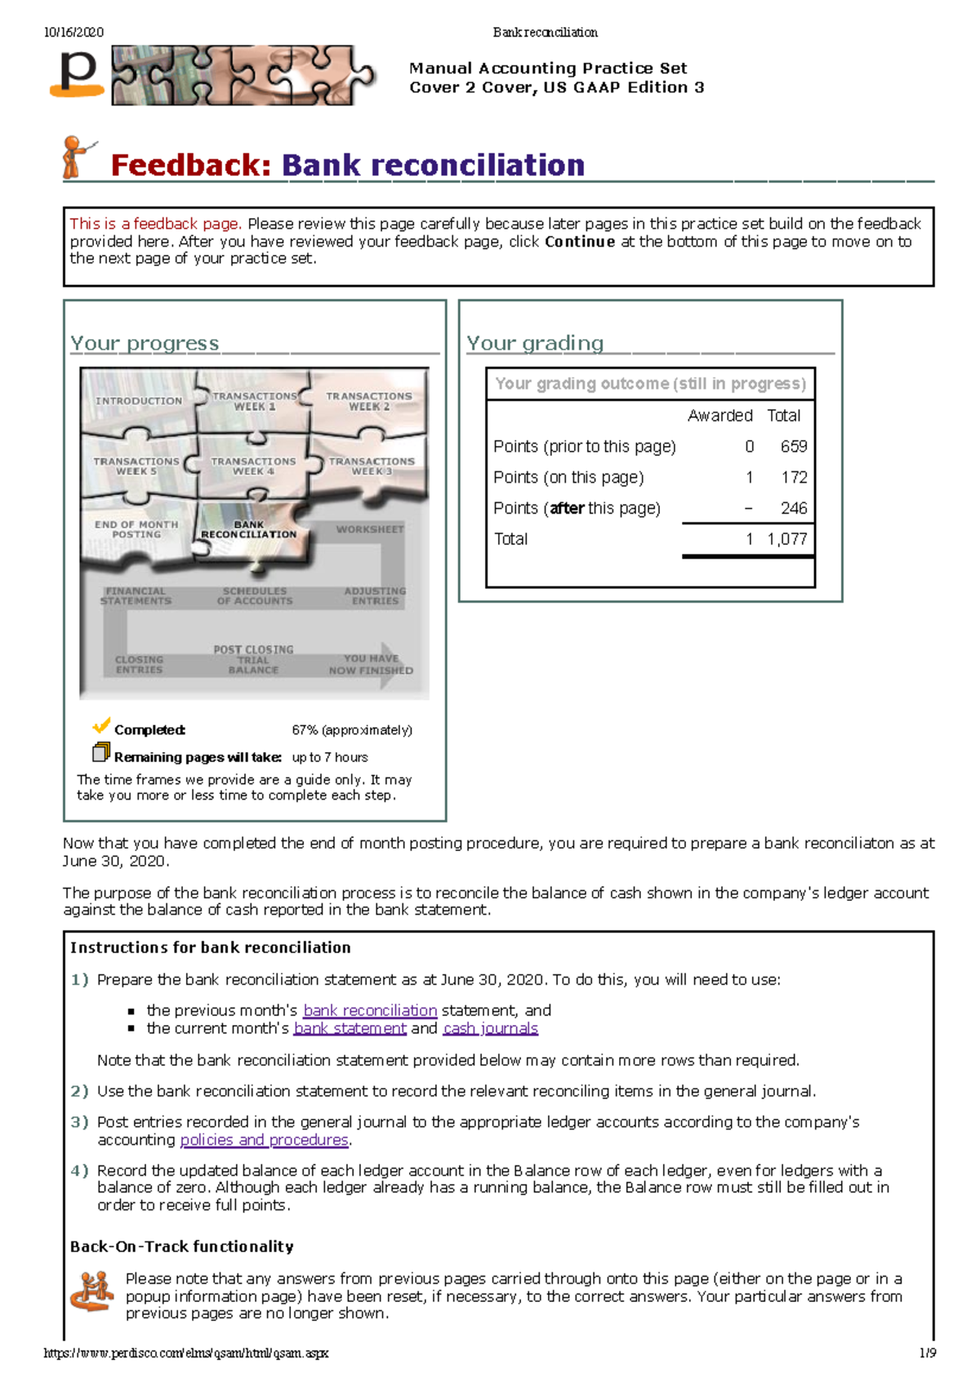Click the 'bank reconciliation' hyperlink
(x=370, y=1010)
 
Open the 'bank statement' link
(x=350, y=1028)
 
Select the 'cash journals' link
(x=490, y=1028)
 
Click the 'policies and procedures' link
(x=265, y=1139)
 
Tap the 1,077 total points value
(x=786, y=539)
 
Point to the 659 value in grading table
(x=793, y=447)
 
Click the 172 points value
(x=794, y=478)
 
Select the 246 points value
(x=793, y=508)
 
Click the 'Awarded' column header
(x=719, y=416)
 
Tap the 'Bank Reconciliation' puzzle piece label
(x=249, y=530)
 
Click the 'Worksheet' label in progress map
(x=370, y=529)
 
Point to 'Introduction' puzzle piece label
(x=139, y=401)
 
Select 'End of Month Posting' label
(x=136, y=529)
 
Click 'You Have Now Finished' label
(x=371, y=664)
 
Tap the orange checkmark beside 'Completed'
(x=101, y=725)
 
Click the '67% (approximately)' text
(x=352, y=730)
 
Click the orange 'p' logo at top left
(x=78, y=74)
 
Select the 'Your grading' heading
(x=535, y=343)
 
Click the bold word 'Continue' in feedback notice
(x=580, y=242)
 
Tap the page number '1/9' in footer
(x=927, y=1353)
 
